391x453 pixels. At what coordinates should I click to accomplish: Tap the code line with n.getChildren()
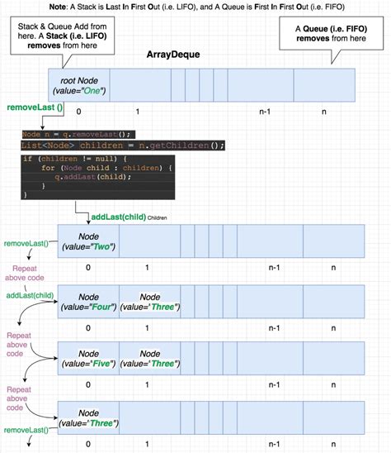click(x=122, y=145)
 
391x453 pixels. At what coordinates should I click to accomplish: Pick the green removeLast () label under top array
click(x=35, y=108)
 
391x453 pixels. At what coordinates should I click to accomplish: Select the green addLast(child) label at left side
click(x=30, y=294)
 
